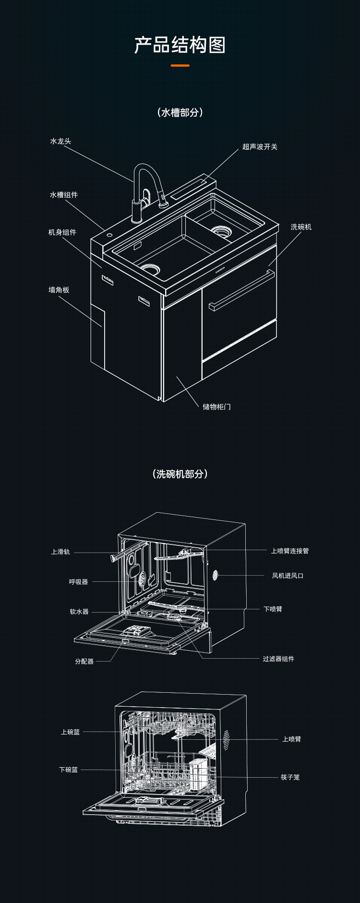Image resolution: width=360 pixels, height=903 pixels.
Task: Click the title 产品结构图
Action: tap(180, 45)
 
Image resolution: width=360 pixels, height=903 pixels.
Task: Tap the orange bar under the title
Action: tap(180, 65)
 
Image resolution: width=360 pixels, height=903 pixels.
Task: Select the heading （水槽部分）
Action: tap(180, 112)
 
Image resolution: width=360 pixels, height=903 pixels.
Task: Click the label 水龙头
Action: tap(60, 141)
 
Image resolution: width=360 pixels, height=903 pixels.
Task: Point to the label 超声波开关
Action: tap(260, 147)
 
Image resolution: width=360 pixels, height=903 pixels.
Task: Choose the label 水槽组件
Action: tap(64, 195)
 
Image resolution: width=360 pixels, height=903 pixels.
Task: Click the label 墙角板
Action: tap(59, 290)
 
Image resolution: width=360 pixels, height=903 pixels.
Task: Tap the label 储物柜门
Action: tap(216, 407)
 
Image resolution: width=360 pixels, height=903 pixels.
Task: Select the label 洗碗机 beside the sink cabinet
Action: tap(301, 227)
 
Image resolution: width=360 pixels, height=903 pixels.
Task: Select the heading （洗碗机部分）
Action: tap(180, 474)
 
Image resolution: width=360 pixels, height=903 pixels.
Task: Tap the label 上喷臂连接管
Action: tap(290, 551)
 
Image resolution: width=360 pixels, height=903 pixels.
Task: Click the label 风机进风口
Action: tap(288, 576)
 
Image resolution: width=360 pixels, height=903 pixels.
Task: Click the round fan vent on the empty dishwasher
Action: tap(216, 575)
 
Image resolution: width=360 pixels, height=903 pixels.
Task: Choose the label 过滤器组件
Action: tap(278, 659)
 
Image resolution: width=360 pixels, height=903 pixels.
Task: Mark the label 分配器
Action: tap(84, 662)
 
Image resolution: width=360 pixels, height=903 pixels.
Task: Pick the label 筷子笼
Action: tap(290, 777)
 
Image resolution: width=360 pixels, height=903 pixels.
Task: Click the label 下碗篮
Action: tap(69, 770)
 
